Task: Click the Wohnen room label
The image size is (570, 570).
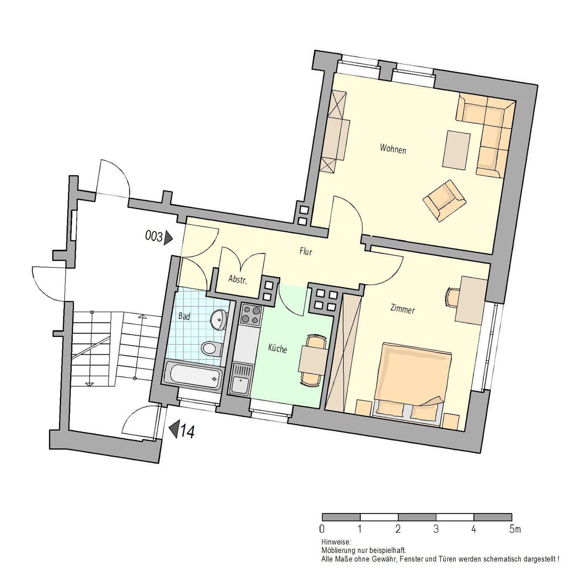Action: pyautogui.click(x=393, y=149)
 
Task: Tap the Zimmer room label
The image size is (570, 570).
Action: pyautogui.click(x=402, y=309)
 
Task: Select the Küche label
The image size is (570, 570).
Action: pyautogui.click(x=277, y=349)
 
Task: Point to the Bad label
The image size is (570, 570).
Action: pyautogui.click(x=184, y=316)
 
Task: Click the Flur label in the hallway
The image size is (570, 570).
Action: pyautogui.click(x=306, y=251)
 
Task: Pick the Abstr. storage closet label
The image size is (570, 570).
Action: pyautogui.click(x=237, y=280)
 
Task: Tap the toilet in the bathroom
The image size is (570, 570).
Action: pyautogui.click(x=210, y=348)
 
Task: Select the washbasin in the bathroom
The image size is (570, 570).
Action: pyautogui.click(x=218, y=319)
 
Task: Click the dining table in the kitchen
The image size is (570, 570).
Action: pyautogui.click(x=313, y=360)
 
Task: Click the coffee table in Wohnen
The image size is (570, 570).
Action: pyautogui.click(x=456, y=150)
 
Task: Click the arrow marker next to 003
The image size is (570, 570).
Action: pyautogui.click(x=169, y=237)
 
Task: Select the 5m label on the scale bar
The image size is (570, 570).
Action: pyautogui.click(x=515, y=529)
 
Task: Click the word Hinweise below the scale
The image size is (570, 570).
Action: pyautogui.click(x=336, y=541)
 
